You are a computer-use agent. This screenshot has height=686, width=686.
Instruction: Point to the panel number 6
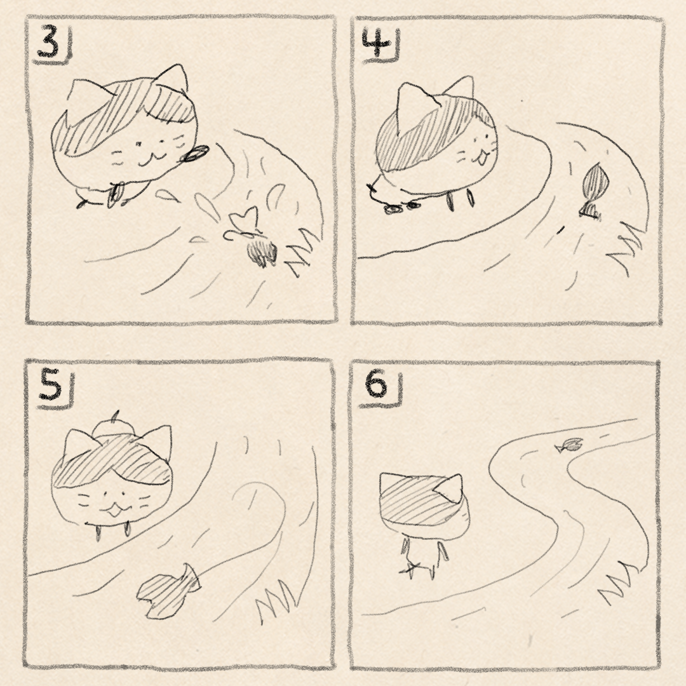click(x=376, y=385)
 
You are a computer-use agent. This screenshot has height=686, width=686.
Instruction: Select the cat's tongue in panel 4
click(x=481, y=159)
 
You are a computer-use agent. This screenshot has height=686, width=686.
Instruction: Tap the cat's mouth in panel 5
click(x=113, y=509)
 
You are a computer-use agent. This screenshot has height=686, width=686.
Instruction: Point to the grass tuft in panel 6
click(x=619, y=582)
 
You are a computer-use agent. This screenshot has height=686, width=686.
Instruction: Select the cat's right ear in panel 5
click(x=158, y=442)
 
